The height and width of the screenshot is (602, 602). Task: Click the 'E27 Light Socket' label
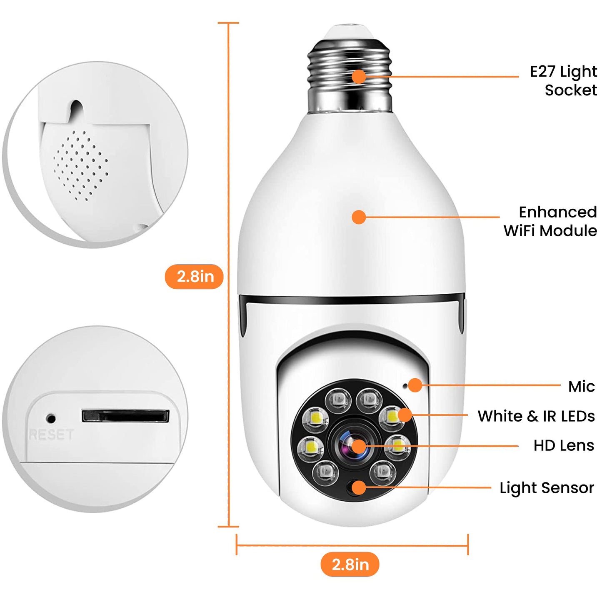click(x=563, y=81)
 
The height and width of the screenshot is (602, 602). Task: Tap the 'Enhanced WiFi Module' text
click(x=550, y=221)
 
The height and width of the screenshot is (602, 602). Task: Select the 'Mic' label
click(x=581, y=387)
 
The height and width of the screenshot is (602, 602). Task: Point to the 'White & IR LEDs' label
click(x=536, y=416)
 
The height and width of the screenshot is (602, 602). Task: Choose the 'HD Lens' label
click(x=564, y=445)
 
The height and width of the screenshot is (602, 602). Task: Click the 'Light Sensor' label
click(x=547, y=487)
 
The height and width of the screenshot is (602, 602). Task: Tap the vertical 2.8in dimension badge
click(x=195, y=277)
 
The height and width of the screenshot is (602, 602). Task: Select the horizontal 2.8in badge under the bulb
click(x=350, y=565)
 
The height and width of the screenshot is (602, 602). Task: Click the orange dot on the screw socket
click(x=359, y=77)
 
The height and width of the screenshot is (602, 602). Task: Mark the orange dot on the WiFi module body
click(x=359, y=217)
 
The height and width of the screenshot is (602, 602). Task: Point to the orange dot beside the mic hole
click(x=415, y=385)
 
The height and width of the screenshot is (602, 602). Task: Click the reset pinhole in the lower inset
click(x=51, y=418)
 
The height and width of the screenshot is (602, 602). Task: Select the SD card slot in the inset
click(x=125, y=416)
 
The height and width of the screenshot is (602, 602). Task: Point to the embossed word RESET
click(x=51, y=435)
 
